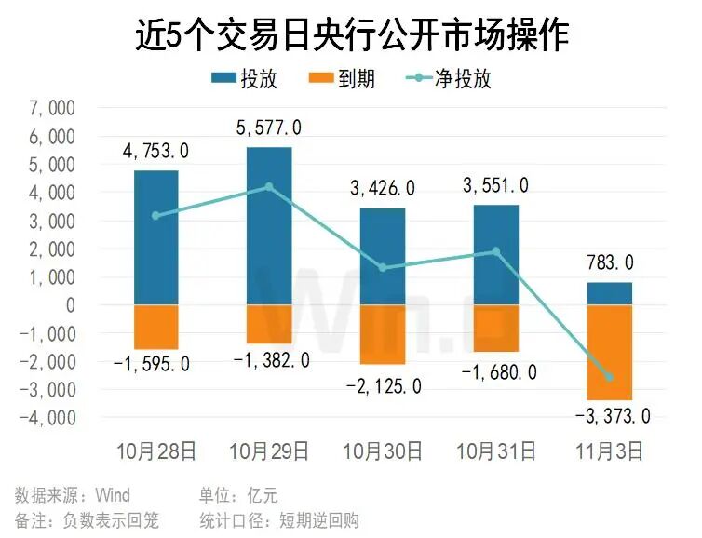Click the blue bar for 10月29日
(x=269, y=226)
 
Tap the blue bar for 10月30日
(x=383, y=256)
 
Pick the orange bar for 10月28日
(x=156, y=327)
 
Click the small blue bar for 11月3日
(x=610, y=293)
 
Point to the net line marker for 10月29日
(x=269, y=187)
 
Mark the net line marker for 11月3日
(x=610, y=377)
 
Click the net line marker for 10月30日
(x=383, y=268)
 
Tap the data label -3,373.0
(x=612, y=415)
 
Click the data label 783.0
(x=610, y=263)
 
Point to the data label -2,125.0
(x=384, y=384)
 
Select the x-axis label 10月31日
(x=496, y=452)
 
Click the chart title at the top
(x=351, y=34)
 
